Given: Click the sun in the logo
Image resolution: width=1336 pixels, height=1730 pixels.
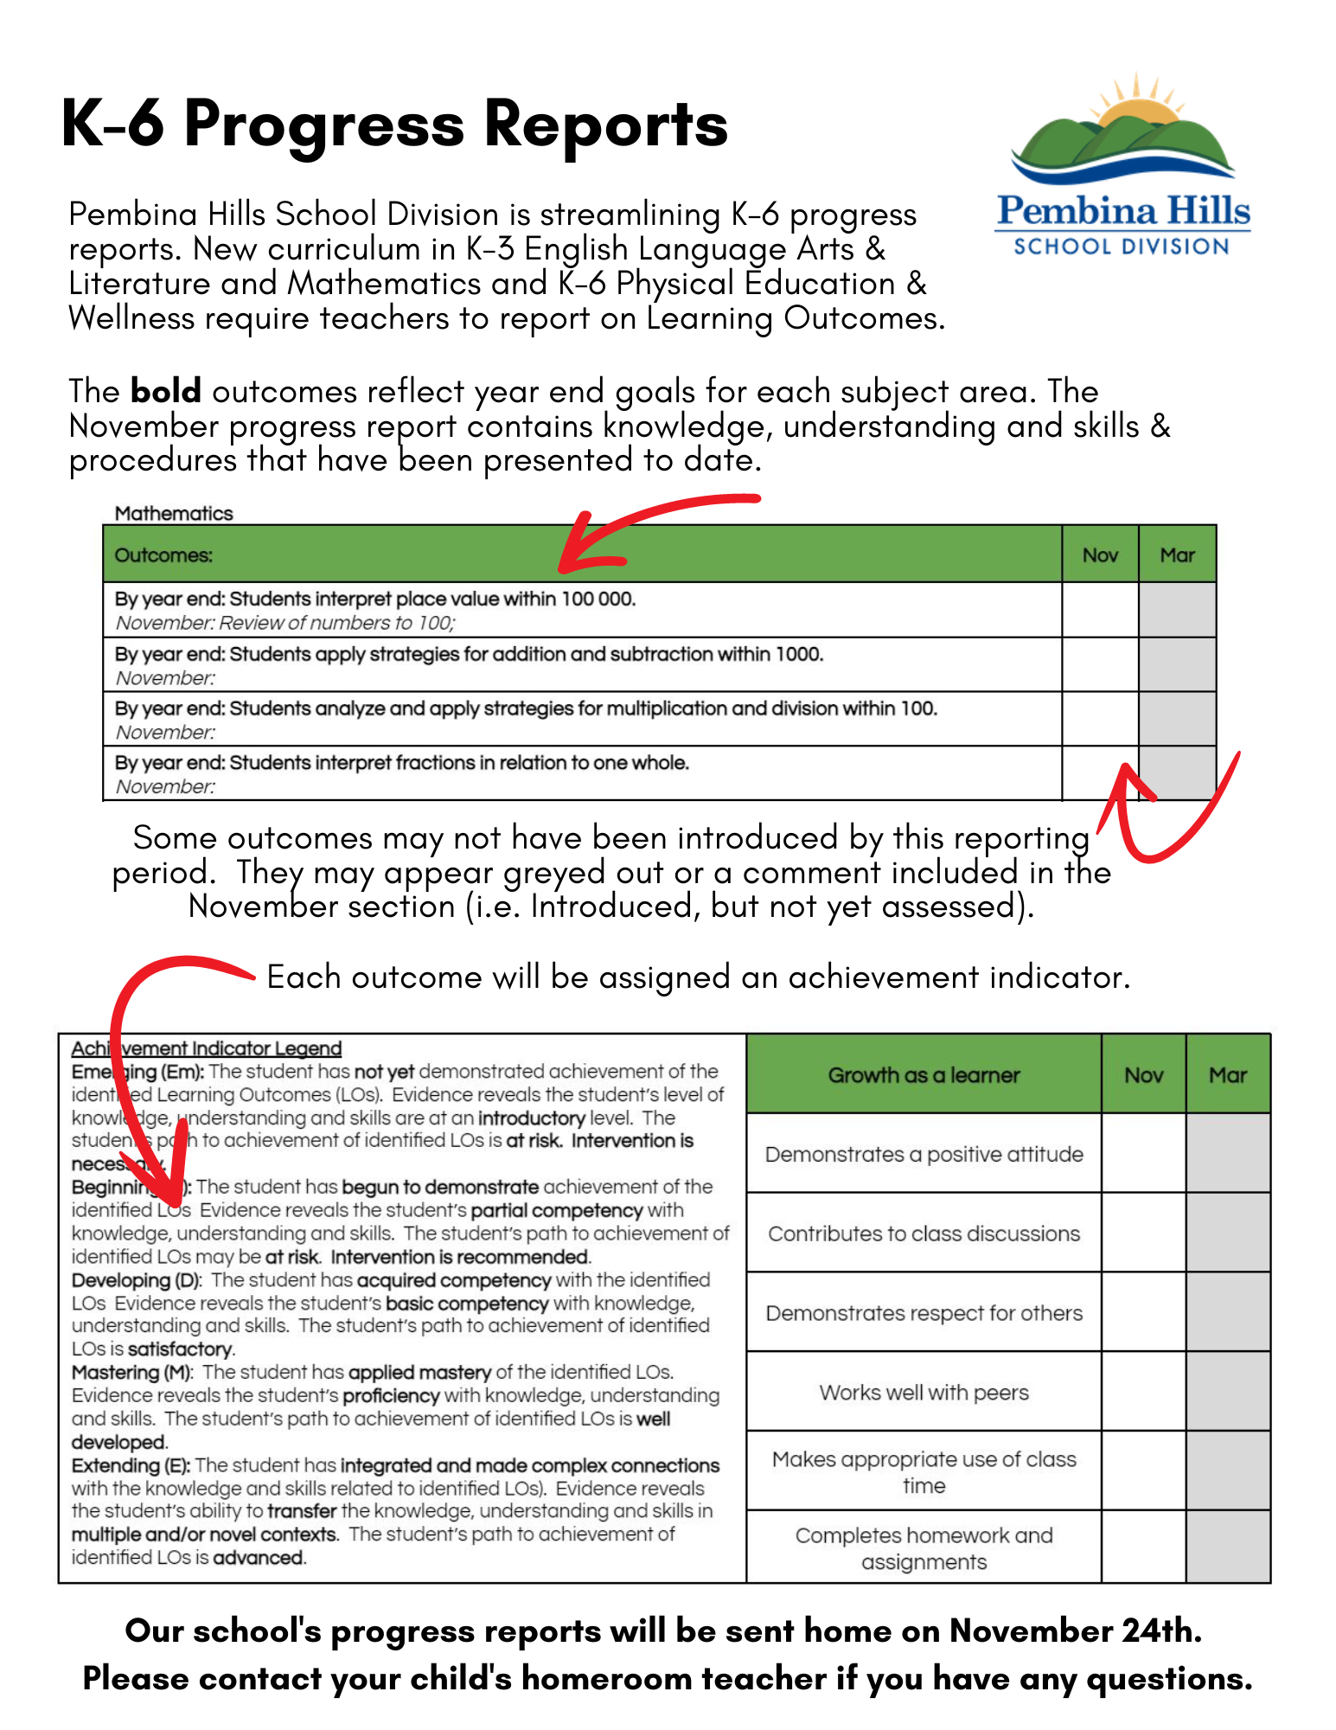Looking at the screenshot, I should [1135, 104].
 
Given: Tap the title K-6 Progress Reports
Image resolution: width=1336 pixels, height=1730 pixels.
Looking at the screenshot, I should [394, 124].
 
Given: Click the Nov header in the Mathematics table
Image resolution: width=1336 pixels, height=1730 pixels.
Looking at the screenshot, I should [1100, 554].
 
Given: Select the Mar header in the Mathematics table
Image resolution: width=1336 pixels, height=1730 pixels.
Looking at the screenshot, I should [1177, 554].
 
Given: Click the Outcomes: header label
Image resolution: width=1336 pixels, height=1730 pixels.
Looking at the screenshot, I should [163, 555].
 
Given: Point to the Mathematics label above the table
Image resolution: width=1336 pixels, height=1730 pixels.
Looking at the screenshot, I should [174, 513].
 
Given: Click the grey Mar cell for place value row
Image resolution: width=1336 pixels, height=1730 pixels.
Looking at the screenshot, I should [1177, 610].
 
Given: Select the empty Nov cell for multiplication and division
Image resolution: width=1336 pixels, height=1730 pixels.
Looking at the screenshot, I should [1100, 719].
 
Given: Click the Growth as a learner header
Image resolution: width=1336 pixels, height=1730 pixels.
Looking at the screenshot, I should [924, 1075].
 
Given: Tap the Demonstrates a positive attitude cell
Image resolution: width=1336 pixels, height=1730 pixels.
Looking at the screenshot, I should [924, 1154].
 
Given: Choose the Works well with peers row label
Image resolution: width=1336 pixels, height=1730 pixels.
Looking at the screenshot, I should [924, 1392].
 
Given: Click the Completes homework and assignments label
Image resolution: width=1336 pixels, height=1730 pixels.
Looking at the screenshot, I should [924, 1548].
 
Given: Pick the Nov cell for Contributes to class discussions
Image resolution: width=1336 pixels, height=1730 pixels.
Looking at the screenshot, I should [1143, 1233].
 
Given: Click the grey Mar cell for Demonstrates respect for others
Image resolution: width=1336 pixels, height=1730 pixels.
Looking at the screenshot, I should [1228, 1312].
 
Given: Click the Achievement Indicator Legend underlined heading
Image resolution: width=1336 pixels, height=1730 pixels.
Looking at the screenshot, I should [207, 1048].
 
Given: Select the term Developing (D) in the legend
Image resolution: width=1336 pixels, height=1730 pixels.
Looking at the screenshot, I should [136, 1279].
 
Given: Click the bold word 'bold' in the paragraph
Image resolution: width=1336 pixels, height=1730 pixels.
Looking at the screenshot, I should [166, 391].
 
